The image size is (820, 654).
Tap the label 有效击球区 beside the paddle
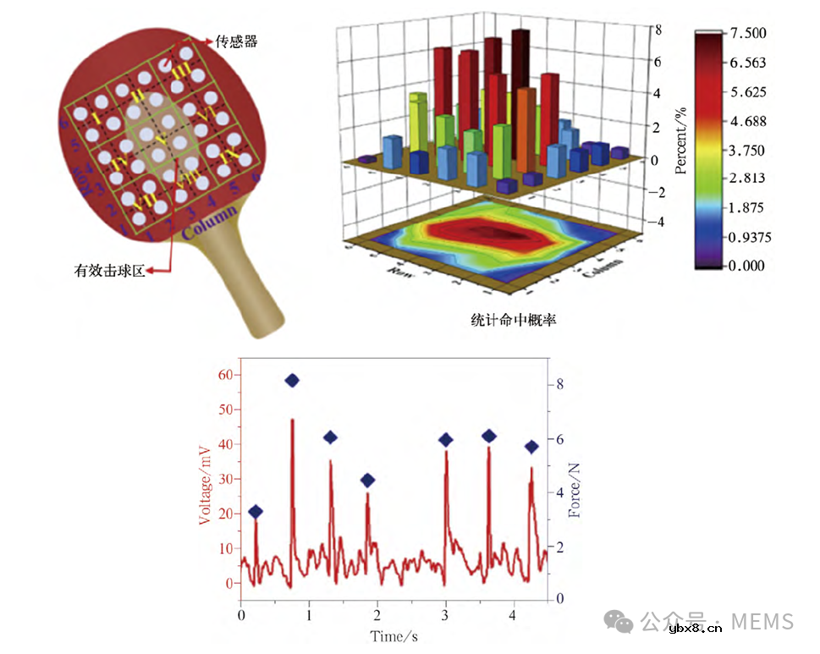(x=109, y=271)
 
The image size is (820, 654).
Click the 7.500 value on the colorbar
(x=749, y=33)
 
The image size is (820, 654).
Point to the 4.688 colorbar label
(x=749, y=120)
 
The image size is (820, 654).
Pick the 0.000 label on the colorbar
(x=749, y=265)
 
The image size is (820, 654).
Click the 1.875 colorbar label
(x=749, y=207)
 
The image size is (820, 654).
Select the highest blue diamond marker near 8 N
(x=293, y=381)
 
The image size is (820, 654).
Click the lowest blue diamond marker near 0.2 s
(x=256, y=512)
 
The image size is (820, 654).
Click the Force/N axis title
(x=575, y=480)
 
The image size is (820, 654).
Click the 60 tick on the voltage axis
(x=223, y=374)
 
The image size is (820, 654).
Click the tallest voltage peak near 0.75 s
(x=292, y=420)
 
